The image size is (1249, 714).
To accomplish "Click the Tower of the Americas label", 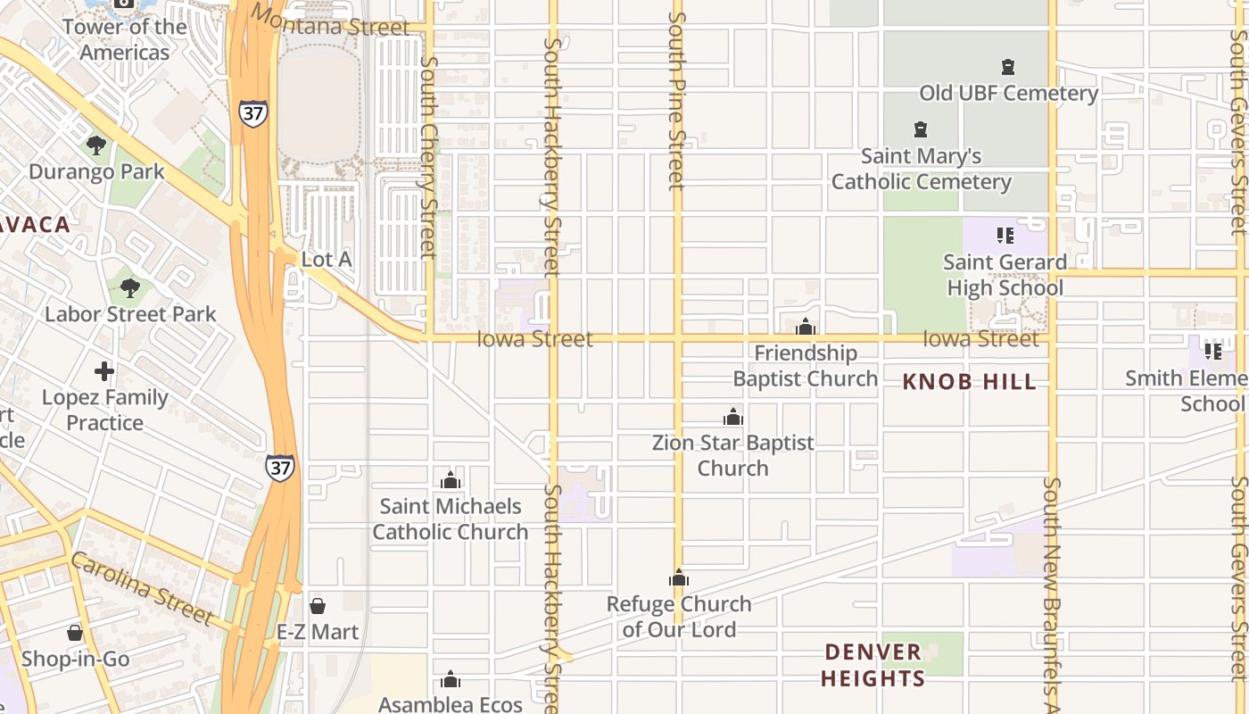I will [124, 39].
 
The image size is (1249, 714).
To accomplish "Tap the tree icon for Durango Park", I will [96, 145].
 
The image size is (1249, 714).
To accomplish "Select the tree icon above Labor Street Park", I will [130, 287].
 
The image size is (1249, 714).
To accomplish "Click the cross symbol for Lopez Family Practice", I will [104, 370].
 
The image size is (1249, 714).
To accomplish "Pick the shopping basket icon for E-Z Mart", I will [318, 606].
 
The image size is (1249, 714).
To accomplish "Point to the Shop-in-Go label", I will [75, 660].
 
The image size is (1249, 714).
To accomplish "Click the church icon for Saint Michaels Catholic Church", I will [451, 480].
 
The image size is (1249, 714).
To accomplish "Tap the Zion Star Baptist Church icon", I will [732, 417].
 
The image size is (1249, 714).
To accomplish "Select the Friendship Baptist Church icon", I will [806, 327].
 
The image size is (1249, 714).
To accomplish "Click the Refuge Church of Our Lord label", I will [679, 617].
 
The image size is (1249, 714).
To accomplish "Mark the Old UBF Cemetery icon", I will [1008, 67].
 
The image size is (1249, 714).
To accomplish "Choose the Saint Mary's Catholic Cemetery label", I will [921, 169].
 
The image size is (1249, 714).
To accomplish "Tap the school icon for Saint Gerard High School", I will [1005, 236].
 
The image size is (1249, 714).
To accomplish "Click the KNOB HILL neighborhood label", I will [969, 382].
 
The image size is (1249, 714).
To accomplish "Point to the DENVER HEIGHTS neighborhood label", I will [873, 665].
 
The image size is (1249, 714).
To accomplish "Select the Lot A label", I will [327, 260].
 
